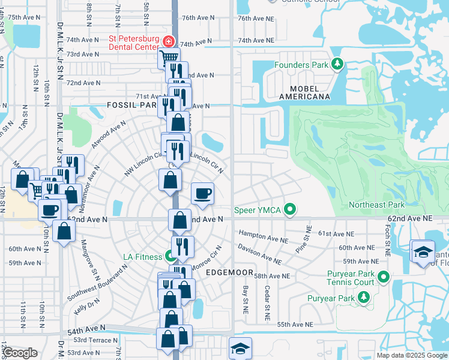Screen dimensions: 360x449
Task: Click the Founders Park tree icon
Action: click(x=337, y=64)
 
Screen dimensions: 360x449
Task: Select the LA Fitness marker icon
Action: click(x=172, y=257)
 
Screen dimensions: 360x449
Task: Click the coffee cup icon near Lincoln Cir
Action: click(x=202, y=194)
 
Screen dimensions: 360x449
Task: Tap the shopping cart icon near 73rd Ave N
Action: click(x=169, y=58)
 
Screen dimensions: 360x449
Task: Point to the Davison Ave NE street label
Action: click(x=260, y=254)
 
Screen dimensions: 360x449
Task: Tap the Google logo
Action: click(x=20, y=353)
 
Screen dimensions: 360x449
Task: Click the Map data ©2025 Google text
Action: click(x=411, y=355)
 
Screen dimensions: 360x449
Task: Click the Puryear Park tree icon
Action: click(x=363, y=298)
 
